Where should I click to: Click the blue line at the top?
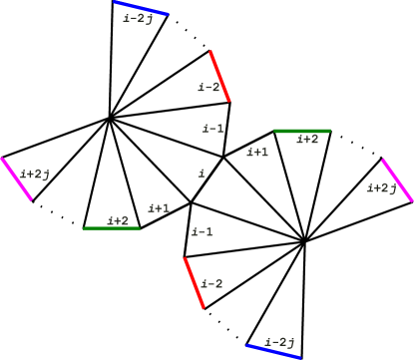[x=141, y=8]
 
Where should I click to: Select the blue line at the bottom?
[x=273, y=351]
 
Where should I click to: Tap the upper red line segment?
[x=219, y=76]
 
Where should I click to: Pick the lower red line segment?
[x=194, y=283]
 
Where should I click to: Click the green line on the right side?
[x=301, y=131]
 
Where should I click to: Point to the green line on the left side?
[x=111, y=228]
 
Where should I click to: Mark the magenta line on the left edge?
[x=16, y=180]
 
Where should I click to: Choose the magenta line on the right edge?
[x=397, y=180]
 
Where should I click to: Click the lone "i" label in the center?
[x=202, y=174]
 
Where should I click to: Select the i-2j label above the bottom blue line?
[x=282, y=341]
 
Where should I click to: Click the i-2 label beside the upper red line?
[x=208, y=88]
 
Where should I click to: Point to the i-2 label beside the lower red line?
[x=210, y=283]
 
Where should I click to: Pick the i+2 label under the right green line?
[x=307, y=140]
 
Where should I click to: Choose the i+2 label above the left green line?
[x=117, y=220]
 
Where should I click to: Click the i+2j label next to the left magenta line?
[x=35, y=175]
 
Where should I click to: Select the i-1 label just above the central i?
[x=212, y=128]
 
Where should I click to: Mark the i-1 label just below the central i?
[x=202, y=232]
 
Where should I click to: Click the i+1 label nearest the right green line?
[x=257, y=153]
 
